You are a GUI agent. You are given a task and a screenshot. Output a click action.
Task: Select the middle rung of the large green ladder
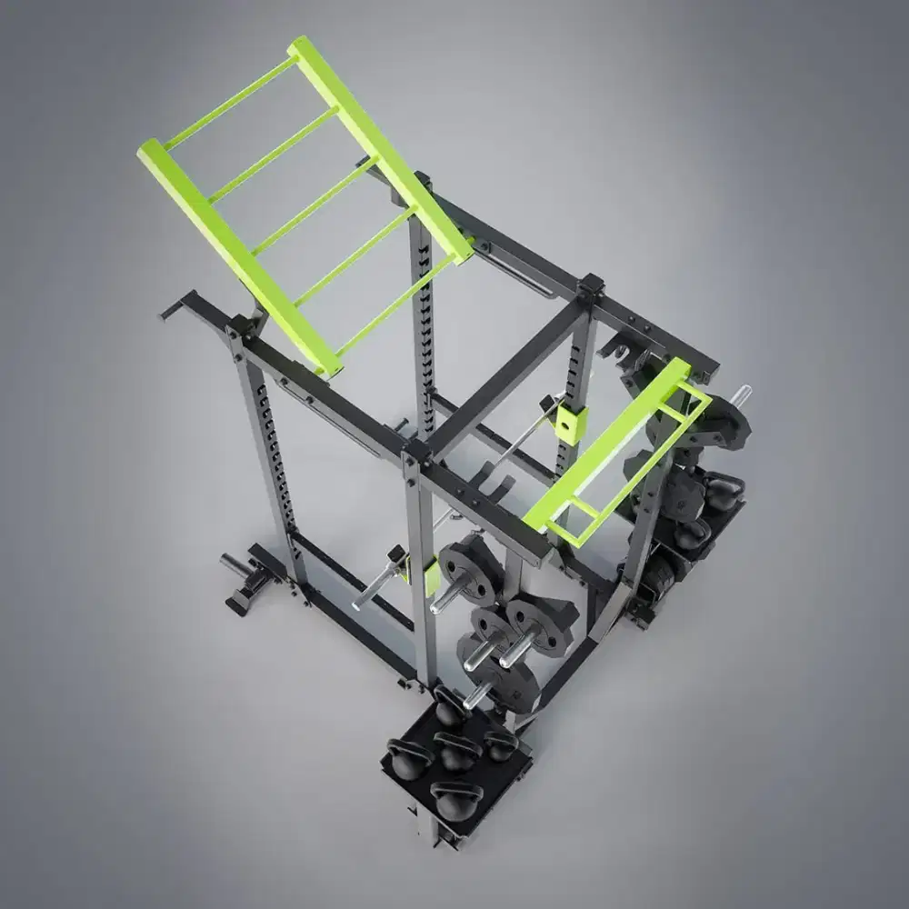[315, 208]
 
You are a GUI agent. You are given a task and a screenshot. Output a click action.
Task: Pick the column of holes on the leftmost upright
[272, 454]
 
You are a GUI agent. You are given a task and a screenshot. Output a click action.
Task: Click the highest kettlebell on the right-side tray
[724, 491]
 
